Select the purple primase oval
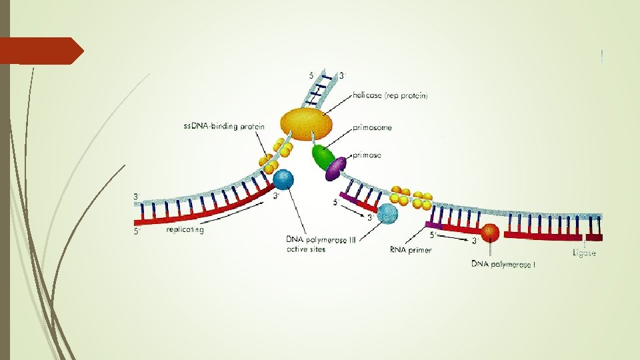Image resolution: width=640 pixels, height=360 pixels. click(337, 169)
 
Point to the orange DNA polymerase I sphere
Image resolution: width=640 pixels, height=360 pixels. click(491, 233)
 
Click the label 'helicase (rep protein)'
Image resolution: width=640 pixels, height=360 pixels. click(391, 96)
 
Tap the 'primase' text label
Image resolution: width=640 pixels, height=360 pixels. click(367, 155)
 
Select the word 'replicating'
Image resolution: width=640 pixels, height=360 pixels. click(185, 230)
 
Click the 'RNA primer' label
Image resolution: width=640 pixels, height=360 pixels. click(411, 251)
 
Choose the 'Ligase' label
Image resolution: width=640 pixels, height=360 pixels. click(584, 253)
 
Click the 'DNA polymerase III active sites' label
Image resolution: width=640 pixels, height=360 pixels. click(321, 245)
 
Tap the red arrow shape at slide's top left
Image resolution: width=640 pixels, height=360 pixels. click(41, 51)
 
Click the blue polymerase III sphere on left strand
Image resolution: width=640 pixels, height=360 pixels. click(283, 179)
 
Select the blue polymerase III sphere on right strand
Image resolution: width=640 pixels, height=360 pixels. click(388, 213)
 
